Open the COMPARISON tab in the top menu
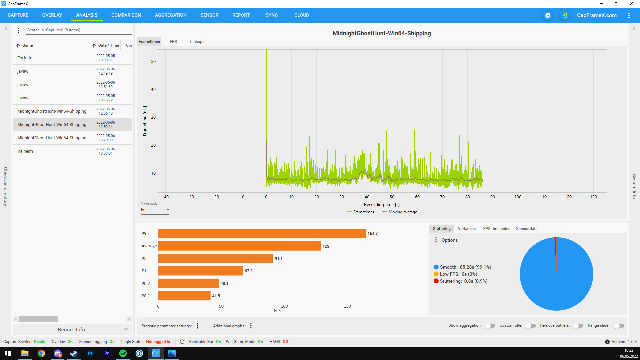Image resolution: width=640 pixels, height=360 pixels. (126, 15)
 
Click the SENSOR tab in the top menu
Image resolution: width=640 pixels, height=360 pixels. (209, 15)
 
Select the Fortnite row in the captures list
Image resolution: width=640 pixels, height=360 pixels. (72, 58)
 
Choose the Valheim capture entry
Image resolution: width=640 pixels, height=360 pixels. (72, 151)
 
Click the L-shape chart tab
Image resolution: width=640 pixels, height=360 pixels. (197, 42)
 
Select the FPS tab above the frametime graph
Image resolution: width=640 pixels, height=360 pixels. (173, 42)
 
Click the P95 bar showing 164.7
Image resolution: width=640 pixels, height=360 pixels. (262, 234)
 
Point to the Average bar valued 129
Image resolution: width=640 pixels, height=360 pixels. (239, 246)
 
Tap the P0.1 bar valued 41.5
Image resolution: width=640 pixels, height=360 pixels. (184, 296)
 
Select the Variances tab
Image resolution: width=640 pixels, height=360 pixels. (467, 229)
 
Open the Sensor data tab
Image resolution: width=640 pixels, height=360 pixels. (527, 229)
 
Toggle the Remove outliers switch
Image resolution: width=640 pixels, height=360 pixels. (578, 326)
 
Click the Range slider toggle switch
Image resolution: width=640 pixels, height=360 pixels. (619, 326)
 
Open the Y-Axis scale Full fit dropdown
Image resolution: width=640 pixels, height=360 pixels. (155, 210)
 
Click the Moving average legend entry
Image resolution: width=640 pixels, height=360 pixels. (399, 212)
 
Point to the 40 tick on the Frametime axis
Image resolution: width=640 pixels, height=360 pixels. (153, 89)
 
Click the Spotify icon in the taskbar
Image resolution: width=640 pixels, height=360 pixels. (123, 353)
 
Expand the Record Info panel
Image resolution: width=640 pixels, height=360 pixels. (72, 329)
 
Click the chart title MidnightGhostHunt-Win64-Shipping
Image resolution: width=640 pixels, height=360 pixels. (382, 33)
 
